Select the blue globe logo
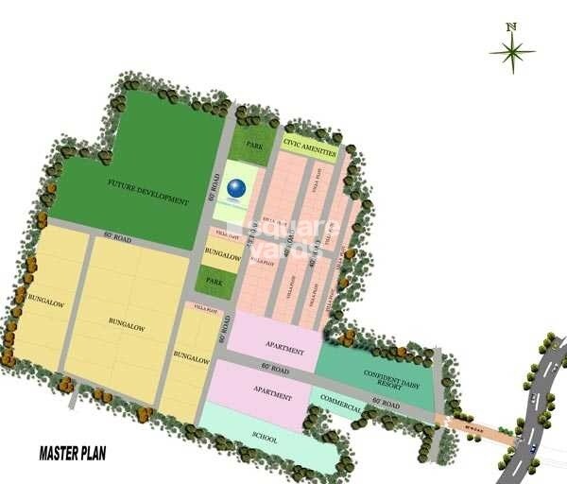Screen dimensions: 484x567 click(x=236, y=188)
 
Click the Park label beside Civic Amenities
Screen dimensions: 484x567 click(x=253, y=146)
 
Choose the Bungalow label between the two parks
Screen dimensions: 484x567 click(x=222, y=253)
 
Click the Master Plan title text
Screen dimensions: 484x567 click(x=72, y=454)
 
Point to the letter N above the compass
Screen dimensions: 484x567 click(x=511, y=26)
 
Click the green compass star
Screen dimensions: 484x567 click(x=512, y=52)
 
